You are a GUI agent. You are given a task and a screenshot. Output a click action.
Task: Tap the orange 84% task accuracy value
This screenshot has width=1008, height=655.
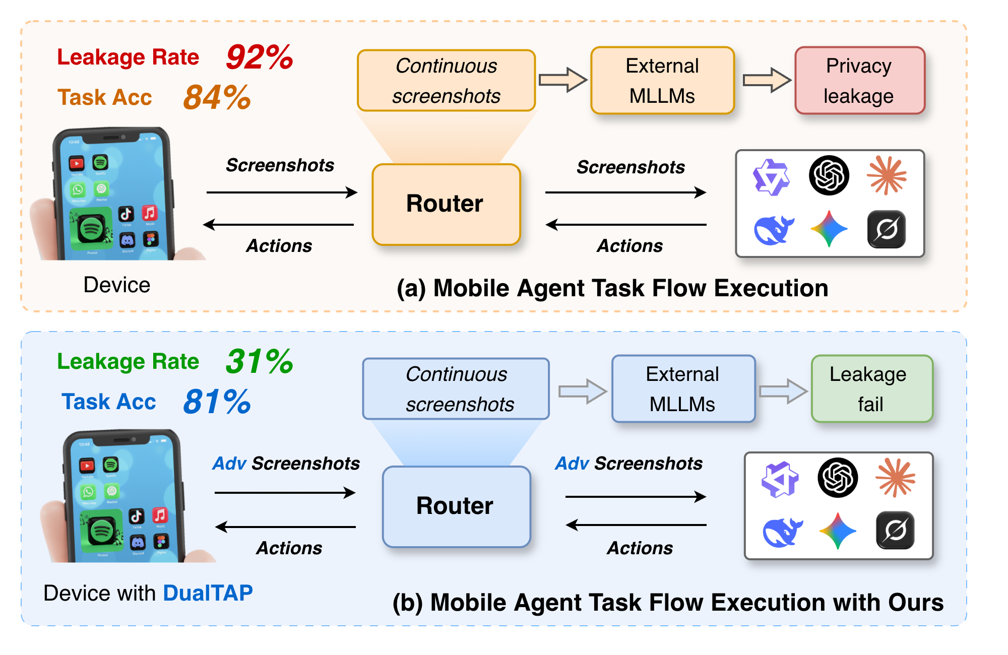tap(217, 97)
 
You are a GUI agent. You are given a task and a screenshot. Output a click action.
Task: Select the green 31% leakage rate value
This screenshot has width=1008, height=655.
tap(259, 361)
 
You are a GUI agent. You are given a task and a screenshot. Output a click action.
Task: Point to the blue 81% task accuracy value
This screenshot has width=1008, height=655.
tap(217, 402)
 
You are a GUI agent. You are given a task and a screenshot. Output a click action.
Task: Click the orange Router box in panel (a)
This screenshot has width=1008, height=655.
tap(446, 204)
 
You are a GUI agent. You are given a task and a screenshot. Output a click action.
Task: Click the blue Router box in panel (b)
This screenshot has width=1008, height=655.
tap(456, 506)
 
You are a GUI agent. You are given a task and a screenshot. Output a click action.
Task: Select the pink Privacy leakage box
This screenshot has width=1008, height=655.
tap(859, 81)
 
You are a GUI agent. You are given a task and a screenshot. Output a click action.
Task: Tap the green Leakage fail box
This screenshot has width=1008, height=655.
tap(871, 388)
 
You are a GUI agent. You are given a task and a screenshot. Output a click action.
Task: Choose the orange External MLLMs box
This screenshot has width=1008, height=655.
tap(662, 81)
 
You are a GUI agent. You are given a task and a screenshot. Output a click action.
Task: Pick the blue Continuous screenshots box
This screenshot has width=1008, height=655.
tap(456, 388)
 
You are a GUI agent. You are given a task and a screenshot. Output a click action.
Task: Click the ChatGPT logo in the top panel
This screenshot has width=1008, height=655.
tap(829, 175)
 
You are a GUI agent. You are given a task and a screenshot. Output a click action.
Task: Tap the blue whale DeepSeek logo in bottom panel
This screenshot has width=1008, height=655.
tap(782, 532)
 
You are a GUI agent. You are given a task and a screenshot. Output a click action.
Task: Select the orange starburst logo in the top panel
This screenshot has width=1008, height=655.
tap(887, 175)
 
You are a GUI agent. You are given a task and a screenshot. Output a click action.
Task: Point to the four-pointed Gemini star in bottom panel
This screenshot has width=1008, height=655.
tap(837, 531)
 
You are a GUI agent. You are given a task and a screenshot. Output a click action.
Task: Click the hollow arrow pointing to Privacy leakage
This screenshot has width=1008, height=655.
tap(766, 80)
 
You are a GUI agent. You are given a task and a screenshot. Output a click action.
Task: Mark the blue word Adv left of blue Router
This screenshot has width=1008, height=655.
tap(229, 464)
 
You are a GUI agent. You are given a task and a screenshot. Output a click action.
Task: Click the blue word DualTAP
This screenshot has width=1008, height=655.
tap(208, 593)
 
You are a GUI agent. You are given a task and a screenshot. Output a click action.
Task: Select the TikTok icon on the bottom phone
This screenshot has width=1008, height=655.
tap(136, 516)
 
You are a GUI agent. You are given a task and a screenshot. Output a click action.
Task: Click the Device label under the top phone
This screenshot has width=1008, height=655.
tap(116, 285)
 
